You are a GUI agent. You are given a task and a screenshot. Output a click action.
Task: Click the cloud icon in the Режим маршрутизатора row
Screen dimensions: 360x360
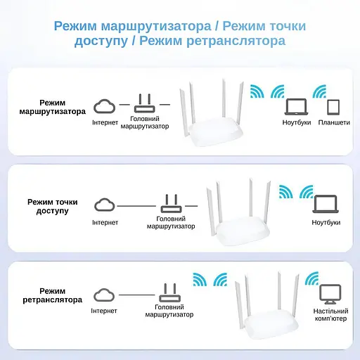click(x=105, y=106)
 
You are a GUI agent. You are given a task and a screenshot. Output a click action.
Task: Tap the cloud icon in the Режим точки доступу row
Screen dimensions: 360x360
click(x=105, y=204)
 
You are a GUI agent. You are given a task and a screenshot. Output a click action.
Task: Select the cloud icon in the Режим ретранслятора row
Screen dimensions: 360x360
click(x=105, y=294)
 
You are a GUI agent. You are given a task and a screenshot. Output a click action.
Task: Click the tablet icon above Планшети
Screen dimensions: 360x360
click(x=333, y=107)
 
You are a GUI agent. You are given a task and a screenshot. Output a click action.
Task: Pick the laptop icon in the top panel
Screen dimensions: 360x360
click(x=297, y=107)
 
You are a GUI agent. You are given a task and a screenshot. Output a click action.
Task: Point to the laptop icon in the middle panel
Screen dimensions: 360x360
click(x=326, y=205)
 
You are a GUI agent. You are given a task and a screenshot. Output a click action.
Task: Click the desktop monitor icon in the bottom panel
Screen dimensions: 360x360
click(x=330, y=293)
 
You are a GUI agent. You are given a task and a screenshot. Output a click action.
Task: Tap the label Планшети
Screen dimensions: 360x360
click(x=333, y=122)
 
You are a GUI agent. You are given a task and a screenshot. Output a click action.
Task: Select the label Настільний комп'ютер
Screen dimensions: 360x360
click(x=330, y=314)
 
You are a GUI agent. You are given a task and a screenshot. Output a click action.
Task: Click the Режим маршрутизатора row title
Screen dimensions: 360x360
click(x=52, y=107)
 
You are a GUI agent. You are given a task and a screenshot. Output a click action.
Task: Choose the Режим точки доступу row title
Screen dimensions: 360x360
click(x=52, y=206)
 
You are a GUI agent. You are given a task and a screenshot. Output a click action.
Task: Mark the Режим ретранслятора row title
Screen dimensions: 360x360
click(x=52, y=295)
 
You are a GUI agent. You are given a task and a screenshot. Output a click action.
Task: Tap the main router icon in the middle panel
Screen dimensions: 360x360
click(x=171, y=204)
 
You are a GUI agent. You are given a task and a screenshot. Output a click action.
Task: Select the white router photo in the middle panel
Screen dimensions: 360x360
click(x=240, y=215)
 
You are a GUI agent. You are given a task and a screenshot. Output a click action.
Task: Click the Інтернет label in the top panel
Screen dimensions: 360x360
click(x=105, y=122)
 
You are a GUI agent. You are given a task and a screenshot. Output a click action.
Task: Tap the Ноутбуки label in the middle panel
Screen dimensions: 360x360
click(x=326, y=222)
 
